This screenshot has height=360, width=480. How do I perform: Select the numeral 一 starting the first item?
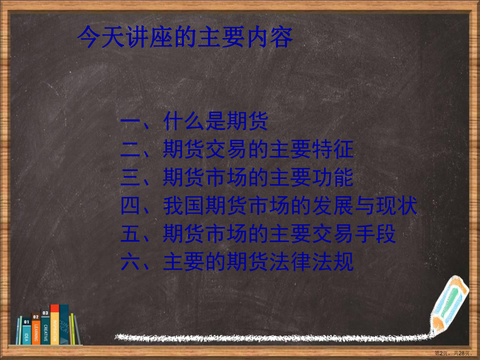[129, 123]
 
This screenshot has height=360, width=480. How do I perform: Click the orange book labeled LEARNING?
[36, 330]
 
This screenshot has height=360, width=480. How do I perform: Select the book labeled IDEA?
[26, 332]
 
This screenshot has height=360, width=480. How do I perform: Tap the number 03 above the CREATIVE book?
[45, 313]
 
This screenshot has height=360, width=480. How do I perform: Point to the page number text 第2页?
[441, 354]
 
